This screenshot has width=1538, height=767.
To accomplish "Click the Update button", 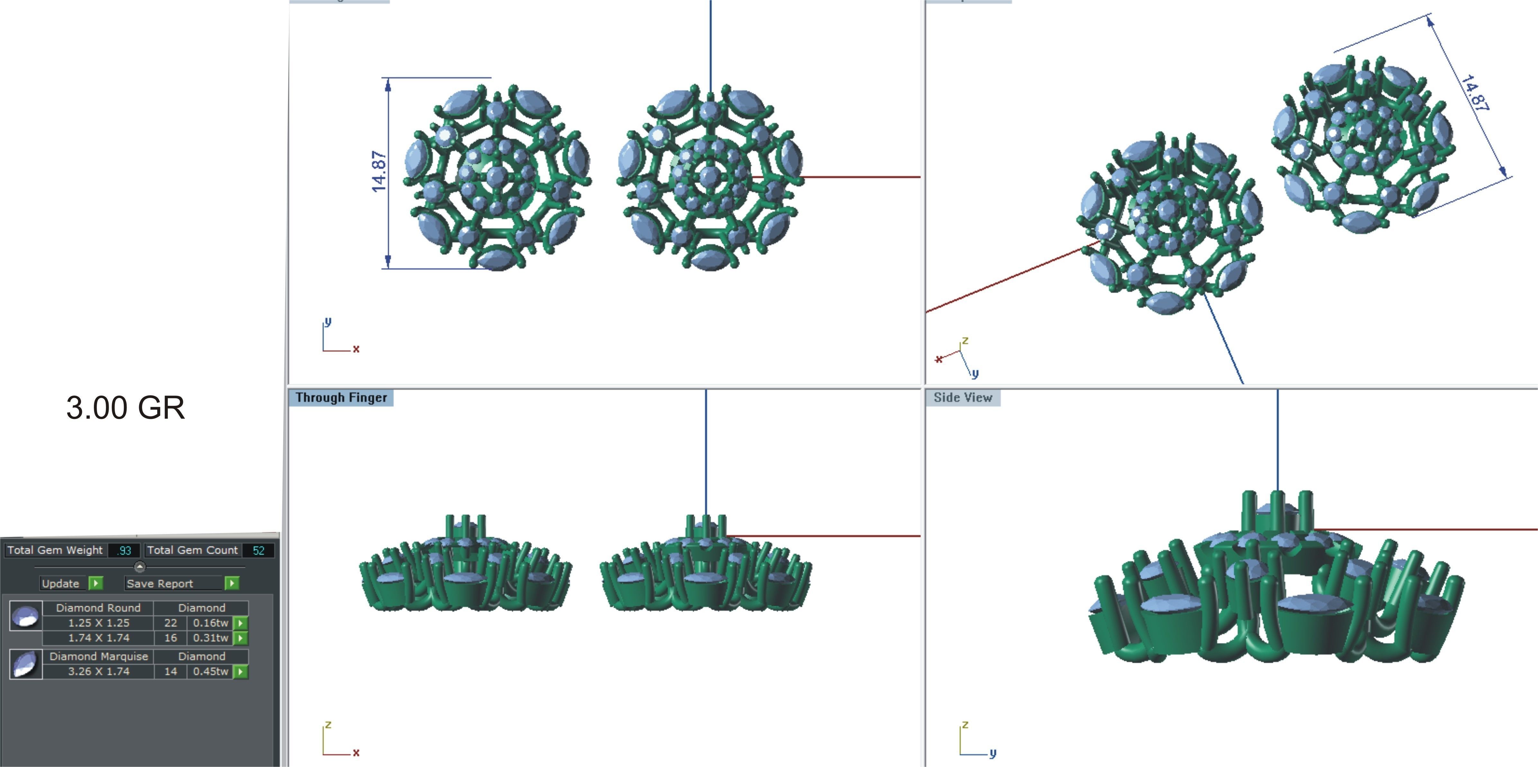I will tap(60, 583).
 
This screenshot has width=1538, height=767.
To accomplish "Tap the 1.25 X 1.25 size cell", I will tap(98, 622).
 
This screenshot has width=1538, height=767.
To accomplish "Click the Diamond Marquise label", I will tap(98, 656).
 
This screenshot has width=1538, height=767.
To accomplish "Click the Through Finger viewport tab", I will tap(341, 397).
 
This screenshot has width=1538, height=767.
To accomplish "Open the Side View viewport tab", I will tap(962, 397).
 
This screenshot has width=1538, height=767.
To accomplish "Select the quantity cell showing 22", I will tap(171, 622).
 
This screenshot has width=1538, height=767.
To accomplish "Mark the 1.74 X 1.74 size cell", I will tap(98, 638).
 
